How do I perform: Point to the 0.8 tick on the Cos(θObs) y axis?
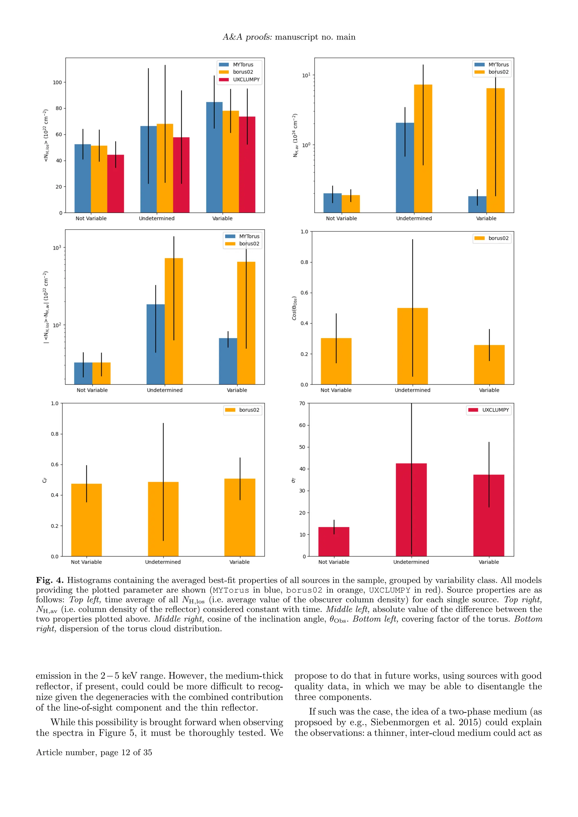[x=304, y=262]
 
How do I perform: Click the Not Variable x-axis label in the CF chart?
[x=86, y=562]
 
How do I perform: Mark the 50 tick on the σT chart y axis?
[x=302, y=447]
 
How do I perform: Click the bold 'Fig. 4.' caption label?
[x=50, y=580]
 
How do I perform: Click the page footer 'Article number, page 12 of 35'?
[x=94, y=752]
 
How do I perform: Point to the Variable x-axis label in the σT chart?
[x=489, y=562]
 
